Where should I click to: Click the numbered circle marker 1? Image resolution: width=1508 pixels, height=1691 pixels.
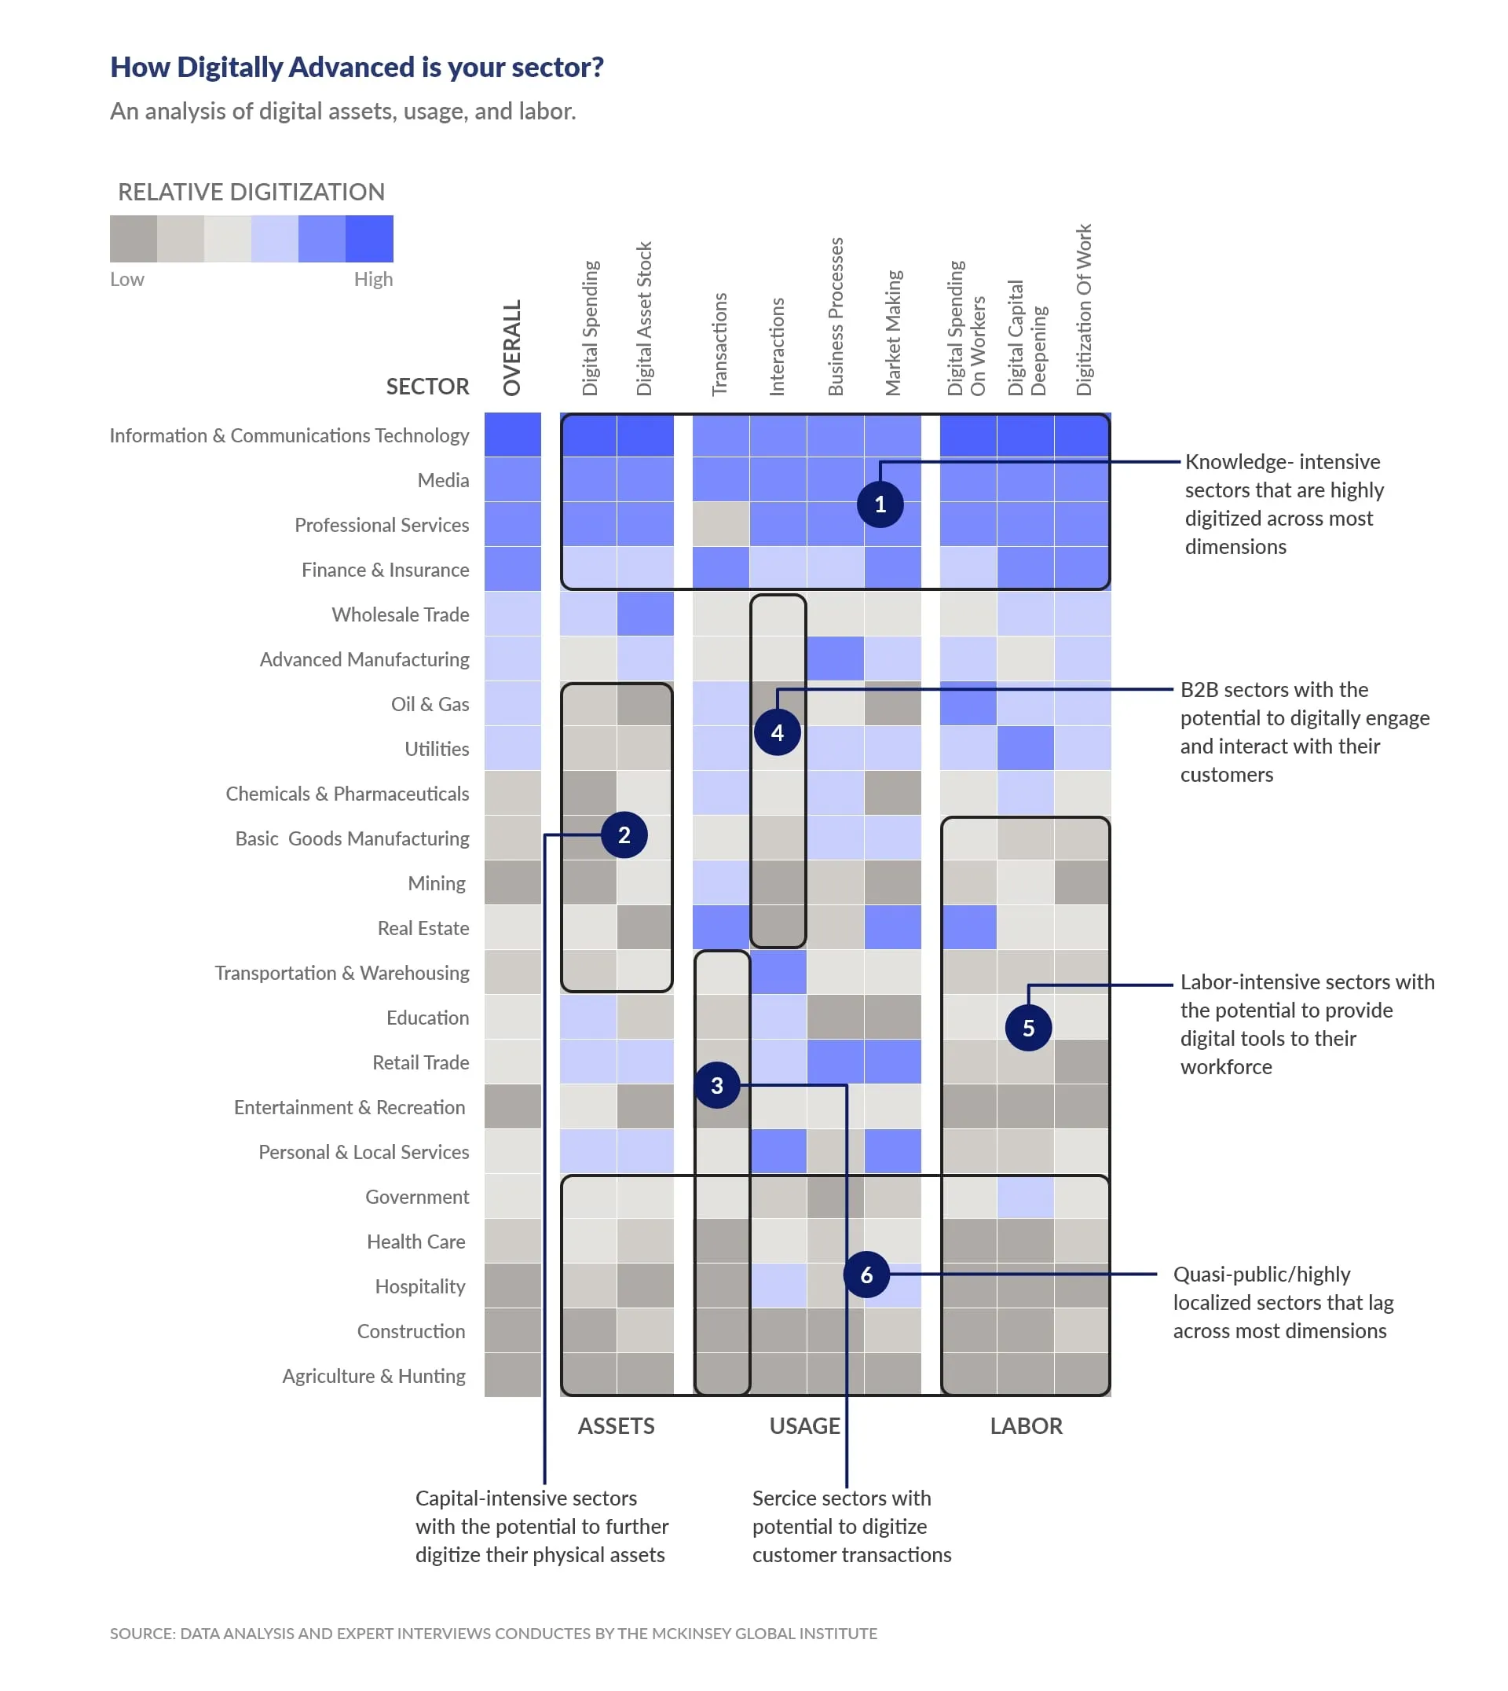click(x=880, y=504)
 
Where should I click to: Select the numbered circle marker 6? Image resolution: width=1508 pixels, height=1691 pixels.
click(x=866, y=1275)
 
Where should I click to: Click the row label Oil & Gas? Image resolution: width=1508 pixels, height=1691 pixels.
click(x=430, y=705)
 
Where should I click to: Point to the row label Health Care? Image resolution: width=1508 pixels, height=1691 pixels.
click(x=416, y=1242)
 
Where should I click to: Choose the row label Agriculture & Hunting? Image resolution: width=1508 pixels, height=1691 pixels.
click(x=374, y=1376)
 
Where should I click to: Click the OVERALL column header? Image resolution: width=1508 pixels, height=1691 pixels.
click(x=512, y=348)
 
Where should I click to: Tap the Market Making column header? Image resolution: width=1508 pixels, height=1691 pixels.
click(x=893, y=333)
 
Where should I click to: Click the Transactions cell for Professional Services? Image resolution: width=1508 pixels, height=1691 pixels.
click(x=721, y=525)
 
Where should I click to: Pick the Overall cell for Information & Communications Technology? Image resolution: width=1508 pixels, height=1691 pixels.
click(x=513, y=435)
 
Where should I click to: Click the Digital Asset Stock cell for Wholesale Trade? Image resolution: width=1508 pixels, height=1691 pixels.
click(x=646, y=614)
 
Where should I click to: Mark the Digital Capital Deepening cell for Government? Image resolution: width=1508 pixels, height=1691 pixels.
click(x=1026, y=1197)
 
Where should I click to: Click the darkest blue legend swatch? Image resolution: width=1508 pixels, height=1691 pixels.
click(x=370, y=239)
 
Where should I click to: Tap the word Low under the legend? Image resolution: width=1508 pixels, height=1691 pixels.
click(x=126, y=280)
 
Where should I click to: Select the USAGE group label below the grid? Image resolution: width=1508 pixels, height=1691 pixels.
click(x=804, y=1425)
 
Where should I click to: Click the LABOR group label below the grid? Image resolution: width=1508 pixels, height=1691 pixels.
click(x=1026, y=1425)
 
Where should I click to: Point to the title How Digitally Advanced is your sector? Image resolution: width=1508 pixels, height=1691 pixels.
click(x=357, y=67)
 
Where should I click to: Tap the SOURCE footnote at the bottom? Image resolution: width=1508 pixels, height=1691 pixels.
click(x=493, y=1633)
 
